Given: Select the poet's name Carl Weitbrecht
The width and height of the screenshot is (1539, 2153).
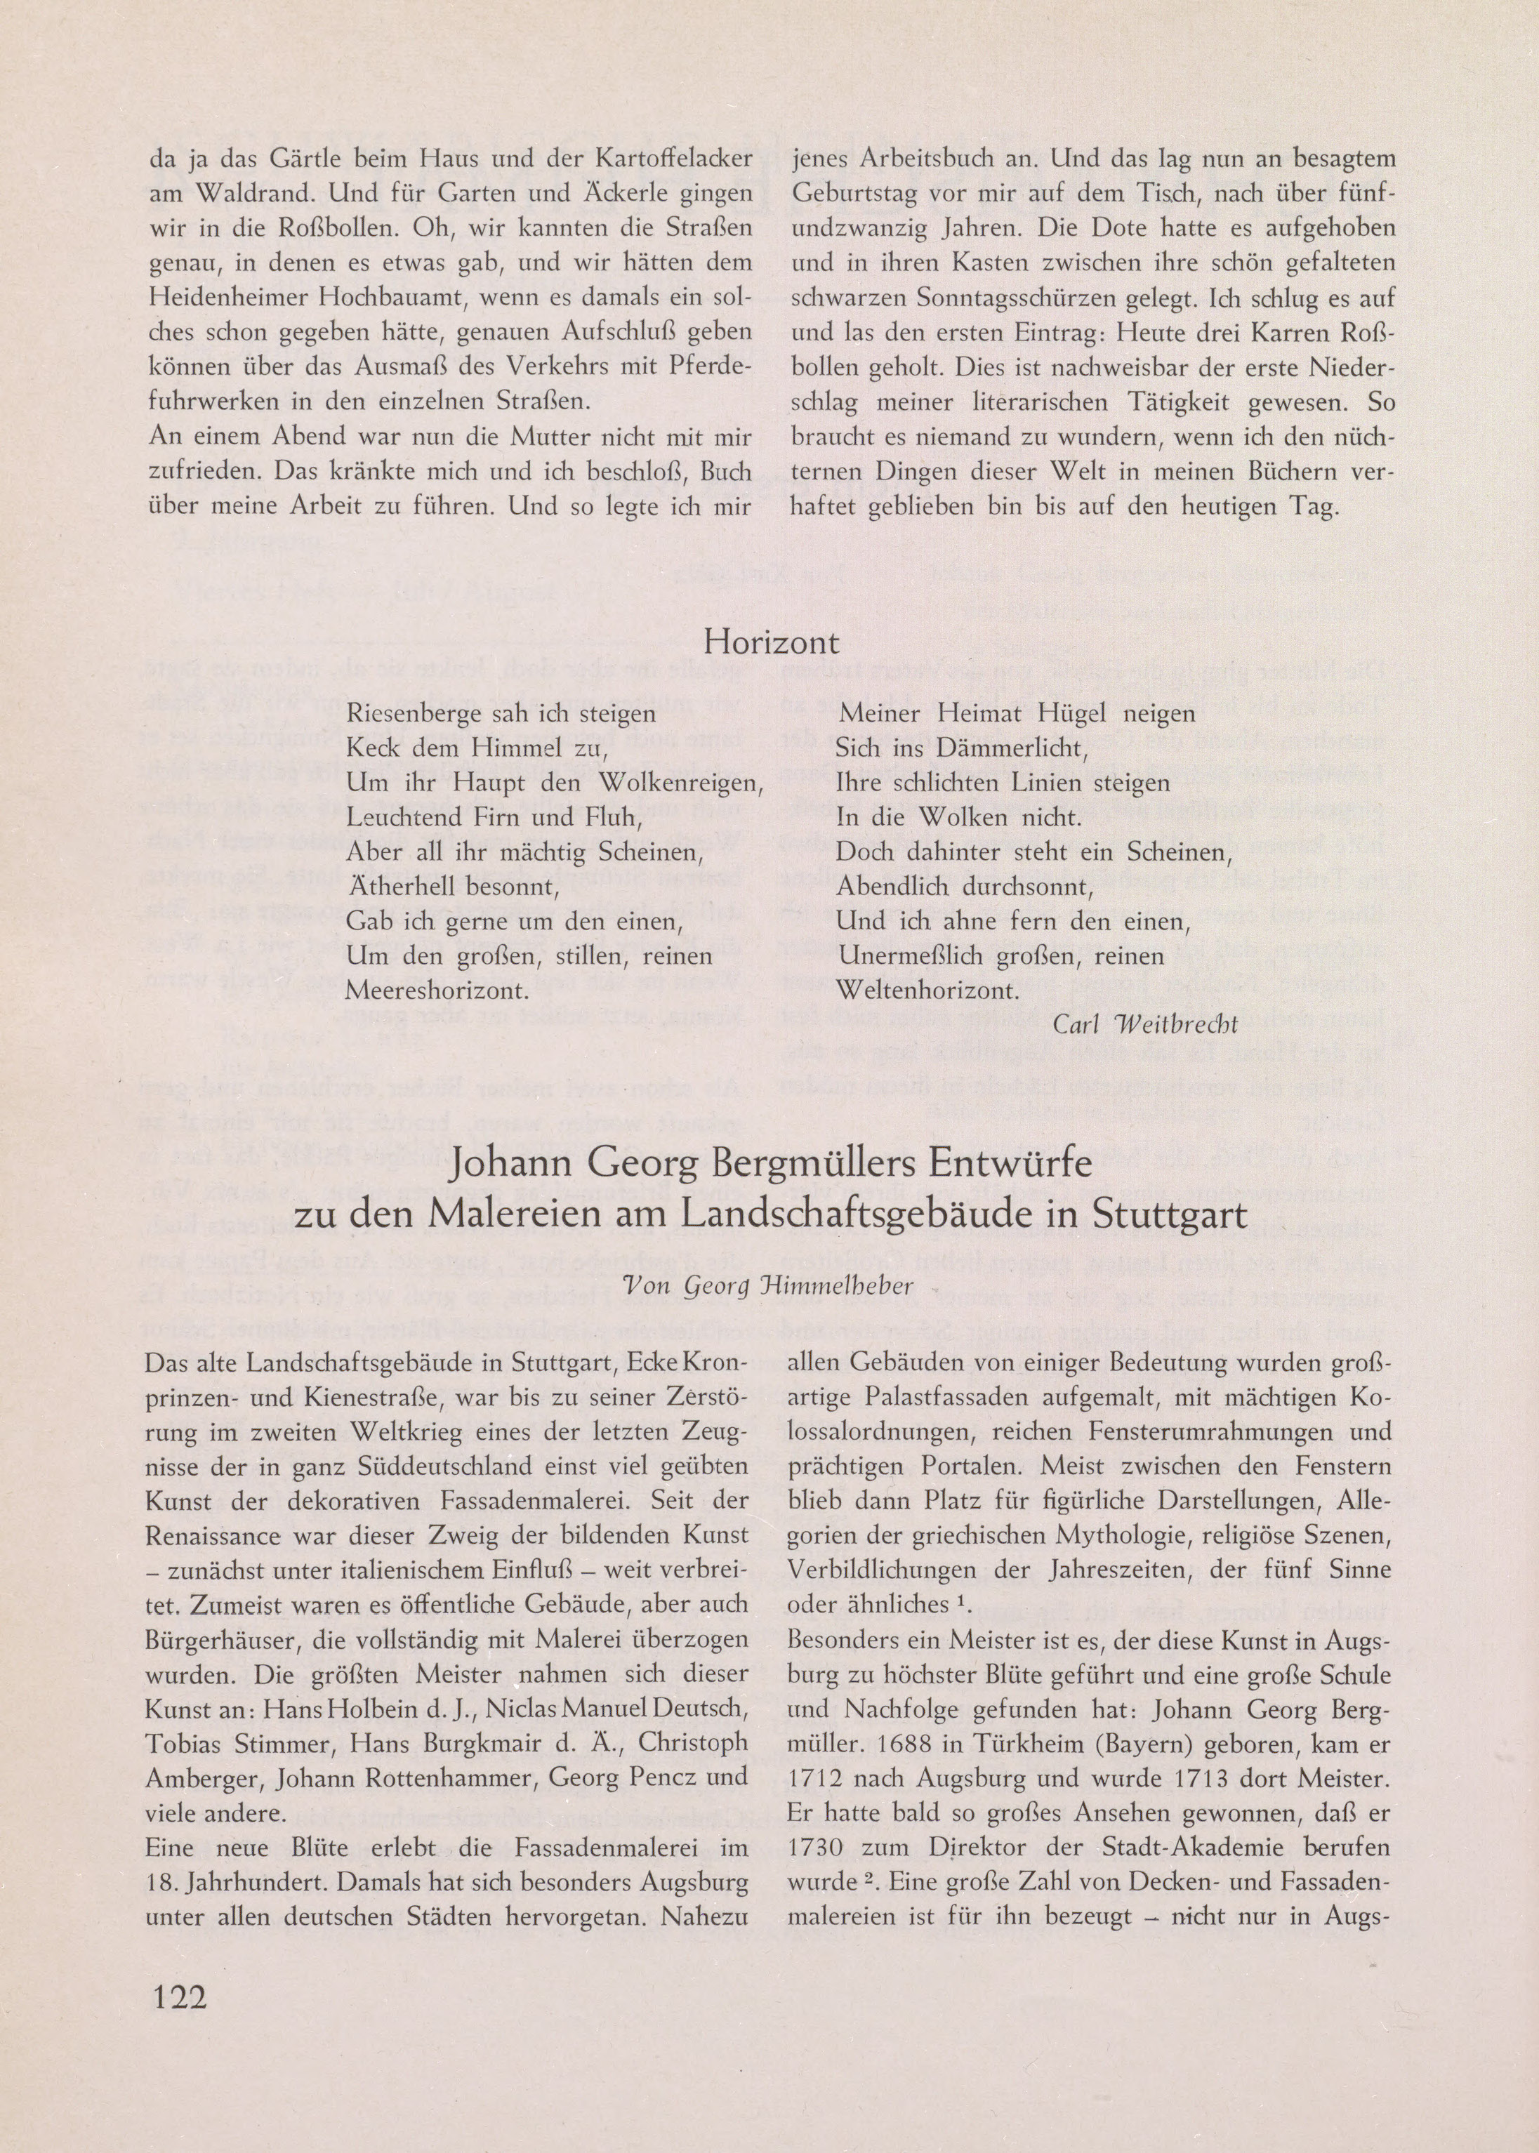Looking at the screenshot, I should point(1145,1023).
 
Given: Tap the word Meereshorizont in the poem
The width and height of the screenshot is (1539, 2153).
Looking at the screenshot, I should point(437,991).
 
